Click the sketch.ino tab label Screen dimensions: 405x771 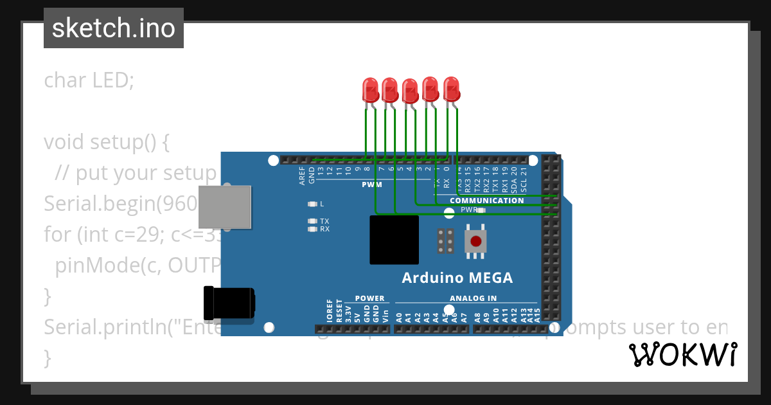click(x=114, y=28)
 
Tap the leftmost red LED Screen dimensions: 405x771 click(x=370, y=90)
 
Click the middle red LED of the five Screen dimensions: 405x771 click(x=410, y=91)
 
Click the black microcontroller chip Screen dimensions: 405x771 click(x=394, y=240)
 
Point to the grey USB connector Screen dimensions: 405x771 click(x=224, y=207)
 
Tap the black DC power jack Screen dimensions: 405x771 click(x=228, y=303)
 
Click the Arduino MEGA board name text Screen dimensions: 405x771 click(x=457, y=278)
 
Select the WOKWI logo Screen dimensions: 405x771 click(x=682, y=354)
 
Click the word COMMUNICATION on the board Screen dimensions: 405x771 click(x=486, y=201)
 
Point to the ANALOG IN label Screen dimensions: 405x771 click(x=473, y=298)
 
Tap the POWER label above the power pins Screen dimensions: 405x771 click(x=369, y=298)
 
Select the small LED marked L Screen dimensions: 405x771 click(x=313, y=204)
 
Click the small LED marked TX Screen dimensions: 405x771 click(x=313, y=221)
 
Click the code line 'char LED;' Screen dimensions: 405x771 click(x=89, y=80)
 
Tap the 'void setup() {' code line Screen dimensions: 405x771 click(x=106, y=141)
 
